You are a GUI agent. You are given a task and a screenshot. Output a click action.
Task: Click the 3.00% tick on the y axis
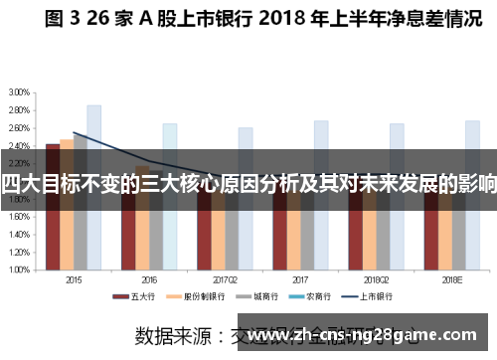pyautogui.click(x=18, y=91)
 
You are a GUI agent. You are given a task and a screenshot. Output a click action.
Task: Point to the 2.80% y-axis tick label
pyautogui.click(x=18, y=108)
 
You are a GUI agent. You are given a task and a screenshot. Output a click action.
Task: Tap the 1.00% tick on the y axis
pyautogui.click(x=18, y=269)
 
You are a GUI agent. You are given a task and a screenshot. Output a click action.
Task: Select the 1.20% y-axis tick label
pyautogui.click(x=18, y=251)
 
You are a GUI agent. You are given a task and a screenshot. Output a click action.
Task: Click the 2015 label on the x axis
pyautogui.click(x=74, y=278)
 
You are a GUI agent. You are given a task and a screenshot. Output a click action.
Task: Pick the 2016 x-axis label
pyautogui.click(x=149, y=278)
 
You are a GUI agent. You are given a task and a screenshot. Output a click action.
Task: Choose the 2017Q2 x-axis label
pyautogui.click(x=225, y=278)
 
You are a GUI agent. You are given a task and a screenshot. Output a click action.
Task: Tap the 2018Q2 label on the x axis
pyautogui.click(x=376, y=278)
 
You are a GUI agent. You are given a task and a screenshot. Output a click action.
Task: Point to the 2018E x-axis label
pyautogui.click(x=450, y=278)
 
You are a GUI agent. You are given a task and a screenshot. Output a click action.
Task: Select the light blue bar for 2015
pyautogui.click(x=93, y=179)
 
